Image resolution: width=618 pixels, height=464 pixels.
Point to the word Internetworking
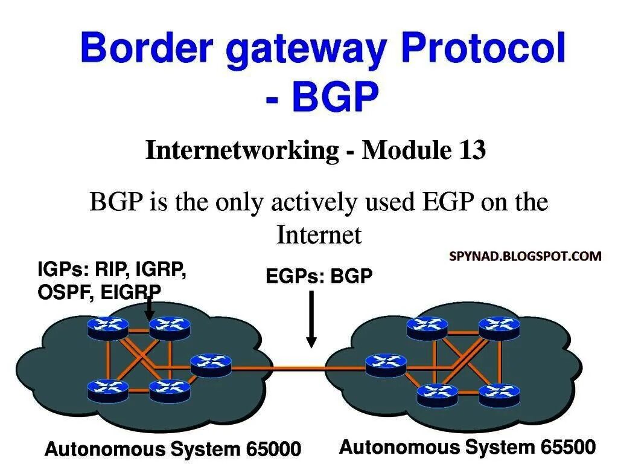click(x=242, y=150)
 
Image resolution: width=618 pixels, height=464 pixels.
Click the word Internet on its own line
click(x=319, y=234)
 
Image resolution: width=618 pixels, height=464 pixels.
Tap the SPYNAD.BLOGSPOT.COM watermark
click(x=525, y=256)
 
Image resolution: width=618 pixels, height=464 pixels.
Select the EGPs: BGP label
click(x=319, y=277)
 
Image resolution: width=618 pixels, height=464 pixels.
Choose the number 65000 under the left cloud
click(x=273, y=449)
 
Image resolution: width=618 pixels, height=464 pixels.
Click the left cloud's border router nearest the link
click(x=211, y=364)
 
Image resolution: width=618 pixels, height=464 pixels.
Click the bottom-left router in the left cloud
click(x=107, y=390)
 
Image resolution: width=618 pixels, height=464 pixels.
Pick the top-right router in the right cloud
click(x=499, y=327)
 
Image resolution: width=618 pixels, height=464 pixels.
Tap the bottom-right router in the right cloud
click(x=499, y=394)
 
